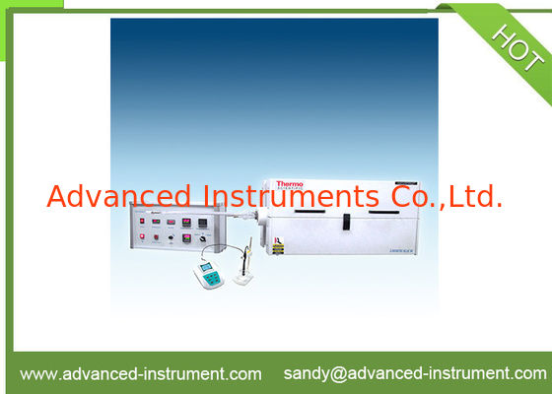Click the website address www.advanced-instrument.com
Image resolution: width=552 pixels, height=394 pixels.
tap(141, 373)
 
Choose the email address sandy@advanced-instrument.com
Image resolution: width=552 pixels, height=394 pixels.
tap(414, 373)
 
